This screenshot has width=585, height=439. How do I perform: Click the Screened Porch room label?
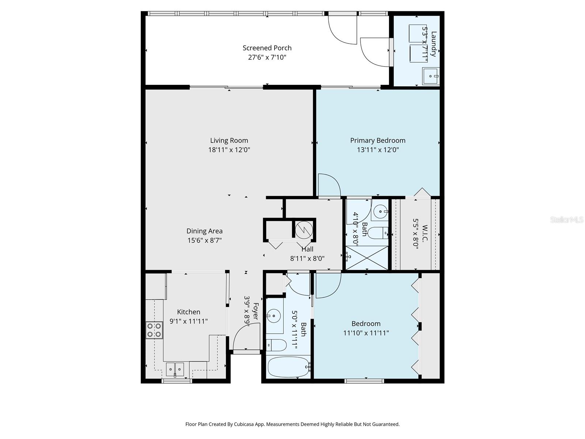267,48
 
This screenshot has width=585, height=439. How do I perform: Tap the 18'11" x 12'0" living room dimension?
229,150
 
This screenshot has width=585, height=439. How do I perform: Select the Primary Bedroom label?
378,140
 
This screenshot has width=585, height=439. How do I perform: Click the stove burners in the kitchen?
154,330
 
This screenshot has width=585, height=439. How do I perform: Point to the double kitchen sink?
175,369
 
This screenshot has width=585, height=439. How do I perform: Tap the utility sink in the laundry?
431,76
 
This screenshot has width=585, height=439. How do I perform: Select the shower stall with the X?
367,258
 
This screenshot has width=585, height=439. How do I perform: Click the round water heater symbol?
304,229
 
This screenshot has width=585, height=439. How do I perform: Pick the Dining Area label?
204,231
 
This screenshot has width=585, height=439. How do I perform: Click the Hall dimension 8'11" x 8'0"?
307,258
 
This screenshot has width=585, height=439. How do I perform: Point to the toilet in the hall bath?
276,345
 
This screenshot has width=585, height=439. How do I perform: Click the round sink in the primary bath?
381,211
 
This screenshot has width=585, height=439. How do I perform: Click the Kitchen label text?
189,312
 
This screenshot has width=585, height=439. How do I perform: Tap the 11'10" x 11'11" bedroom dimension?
366,333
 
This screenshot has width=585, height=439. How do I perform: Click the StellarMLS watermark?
566,219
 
